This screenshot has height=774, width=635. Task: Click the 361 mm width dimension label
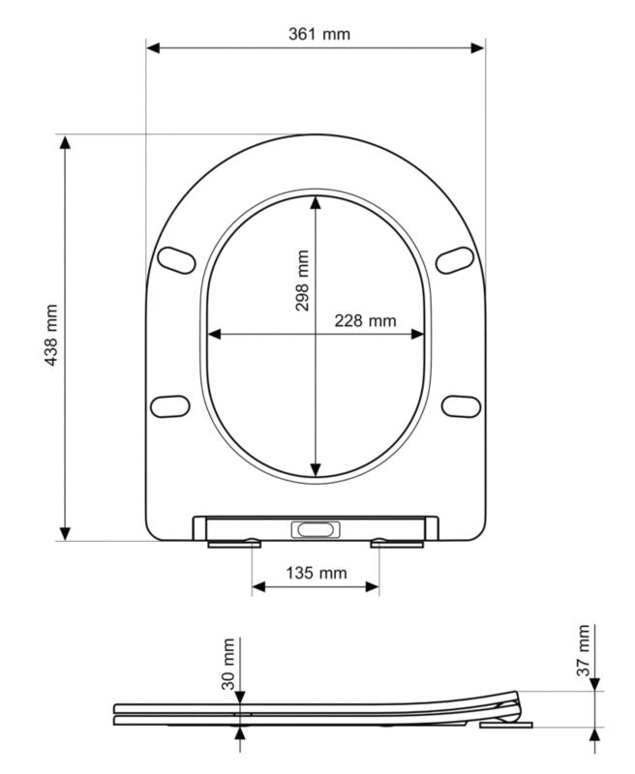(319, 34)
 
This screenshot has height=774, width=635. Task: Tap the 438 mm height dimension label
(51, 335)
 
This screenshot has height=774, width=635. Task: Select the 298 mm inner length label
(302, 281)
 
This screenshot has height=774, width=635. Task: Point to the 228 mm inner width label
(365, 321)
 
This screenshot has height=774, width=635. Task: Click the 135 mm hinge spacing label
(317, 573)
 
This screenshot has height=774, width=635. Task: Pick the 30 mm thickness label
(228, 664)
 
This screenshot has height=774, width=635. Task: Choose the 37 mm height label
(583, 650)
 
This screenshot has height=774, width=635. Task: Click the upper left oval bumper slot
(176, 260)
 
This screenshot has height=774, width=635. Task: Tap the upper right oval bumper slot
(455, 260)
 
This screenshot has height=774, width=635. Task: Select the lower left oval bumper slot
(169, 406)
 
